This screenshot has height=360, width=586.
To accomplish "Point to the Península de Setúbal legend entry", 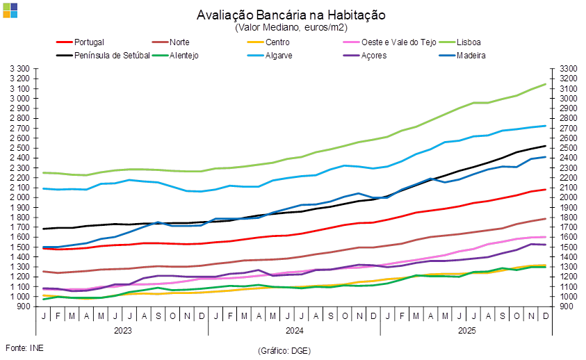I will pyautogui.click(x=111, y=56).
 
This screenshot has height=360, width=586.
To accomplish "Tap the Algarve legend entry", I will pyautogui.click(x=279, y=56).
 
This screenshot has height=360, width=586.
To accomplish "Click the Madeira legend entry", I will pyautogui.click(x=471, y=56).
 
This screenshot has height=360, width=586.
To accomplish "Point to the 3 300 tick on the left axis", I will pyautogui.click(x=21, y=69).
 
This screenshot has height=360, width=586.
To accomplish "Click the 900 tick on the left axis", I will pyautogui.click(x=25, y=306).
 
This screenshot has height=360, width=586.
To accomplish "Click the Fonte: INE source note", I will pyautogui.click(x=21, y=347).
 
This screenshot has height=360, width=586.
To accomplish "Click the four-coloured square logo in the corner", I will pyautogui.click(x=10, y=9).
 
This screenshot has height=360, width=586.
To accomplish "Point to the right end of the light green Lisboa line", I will pyautogui.click(x=546, y=84).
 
